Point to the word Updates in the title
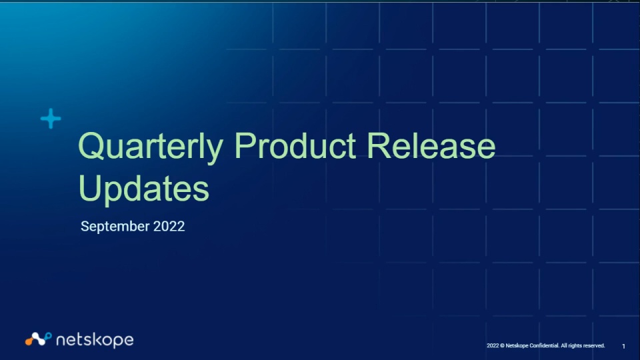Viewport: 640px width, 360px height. point(144,189)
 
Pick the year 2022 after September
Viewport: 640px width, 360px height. point(169,226)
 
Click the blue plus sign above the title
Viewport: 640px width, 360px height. point(51,119)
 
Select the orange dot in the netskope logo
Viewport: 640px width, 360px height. point(29,341)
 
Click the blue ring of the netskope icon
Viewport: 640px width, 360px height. point(48,336)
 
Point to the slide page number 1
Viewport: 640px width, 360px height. point(623,346)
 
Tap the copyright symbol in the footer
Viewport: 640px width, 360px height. point(502,346)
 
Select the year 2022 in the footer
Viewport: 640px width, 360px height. point(493,346)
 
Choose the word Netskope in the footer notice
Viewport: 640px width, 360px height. point(517,346)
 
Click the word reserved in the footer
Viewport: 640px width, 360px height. point(594,346)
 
